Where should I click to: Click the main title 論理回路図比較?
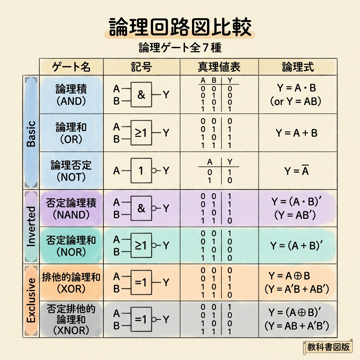pos(180,28)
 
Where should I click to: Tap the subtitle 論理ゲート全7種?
pos(180,47)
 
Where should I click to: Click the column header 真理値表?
pos(219,67)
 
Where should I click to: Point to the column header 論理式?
pos(298,67)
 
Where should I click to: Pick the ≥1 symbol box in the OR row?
pos(141,133)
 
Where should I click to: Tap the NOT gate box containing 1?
pos(141,171)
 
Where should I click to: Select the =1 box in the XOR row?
pos(141,282)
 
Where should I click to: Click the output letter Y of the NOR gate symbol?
pos(166,245)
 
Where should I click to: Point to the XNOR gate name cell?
pos(71,319)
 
